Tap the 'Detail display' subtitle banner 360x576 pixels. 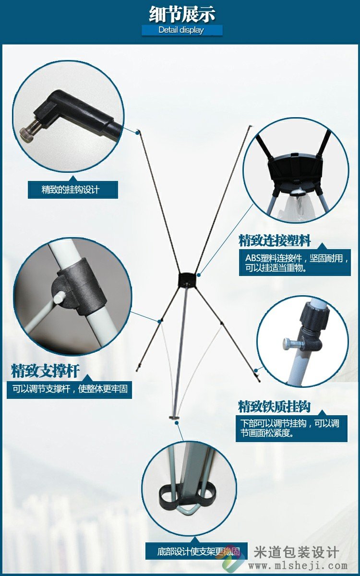tap(182, 30)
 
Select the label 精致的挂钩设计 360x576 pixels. tap(73, 190)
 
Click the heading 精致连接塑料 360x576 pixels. tap(275, 240)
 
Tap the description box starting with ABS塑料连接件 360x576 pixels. tap(295, 263)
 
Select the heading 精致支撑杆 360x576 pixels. tap(45, 371)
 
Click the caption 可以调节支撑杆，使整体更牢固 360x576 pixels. tap(70, 388)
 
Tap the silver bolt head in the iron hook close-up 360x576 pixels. tap(288, 344)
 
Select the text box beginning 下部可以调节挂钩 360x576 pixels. tap(292, 428)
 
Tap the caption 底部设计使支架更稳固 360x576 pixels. tap(197, 551)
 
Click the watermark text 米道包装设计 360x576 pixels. tap(296, 552)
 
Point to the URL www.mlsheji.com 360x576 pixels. tap(298, 566)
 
